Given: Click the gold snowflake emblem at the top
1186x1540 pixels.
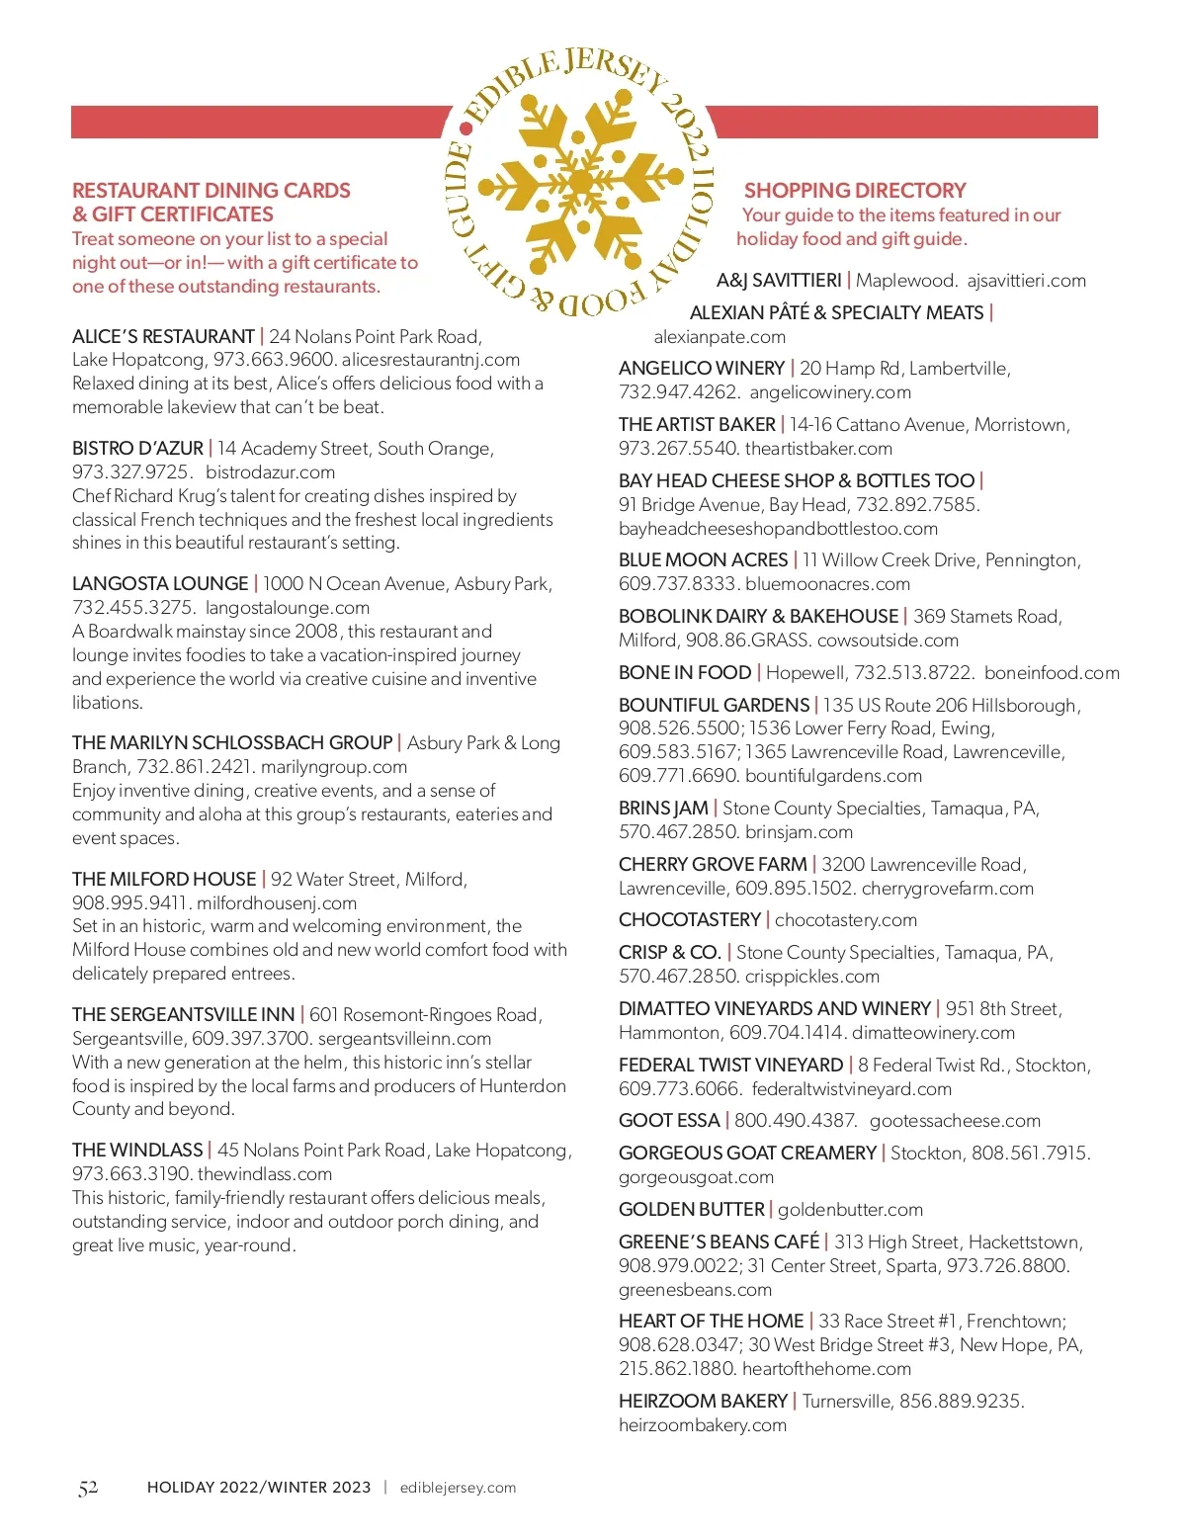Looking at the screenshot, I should (581, 182).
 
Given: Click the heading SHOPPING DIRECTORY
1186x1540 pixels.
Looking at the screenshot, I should (855, 190).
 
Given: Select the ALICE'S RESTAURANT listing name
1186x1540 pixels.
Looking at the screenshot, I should (163, 336).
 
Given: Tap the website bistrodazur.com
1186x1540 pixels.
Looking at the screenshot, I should (270, 471).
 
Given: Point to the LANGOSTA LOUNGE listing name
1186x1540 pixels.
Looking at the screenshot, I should (160, 583).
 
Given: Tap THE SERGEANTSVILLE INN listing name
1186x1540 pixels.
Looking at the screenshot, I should (184, 1014).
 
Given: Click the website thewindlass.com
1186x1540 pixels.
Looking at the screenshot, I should (265, 1173).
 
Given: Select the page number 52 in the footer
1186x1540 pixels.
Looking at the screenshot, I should (88, 1488).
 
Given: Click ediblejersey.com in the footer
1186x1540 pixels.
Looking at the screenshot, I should (458, 1488).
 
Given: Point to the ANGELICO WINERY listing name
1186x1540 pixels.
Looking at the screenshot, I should (702, 368).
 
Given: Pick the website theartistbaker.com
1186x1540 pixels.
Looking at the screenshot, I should (818, 448).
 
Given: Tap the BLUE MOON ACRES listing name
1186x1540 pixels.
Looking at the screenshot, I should (703, 559).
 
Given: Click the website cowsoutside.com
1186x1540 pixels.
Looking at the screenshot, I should (888, 640).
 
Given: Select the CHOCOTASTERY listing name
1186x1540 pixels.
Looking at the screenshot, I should (690, 919).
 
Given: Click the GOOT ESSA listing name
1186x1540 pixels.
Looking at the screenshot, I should (669, 1120).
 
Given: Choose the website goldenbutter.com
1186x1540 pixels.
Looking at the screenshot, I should (850, 1209).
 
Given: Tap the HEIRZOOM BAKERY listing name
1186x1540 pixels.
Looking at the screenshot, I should (703, 1401).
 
